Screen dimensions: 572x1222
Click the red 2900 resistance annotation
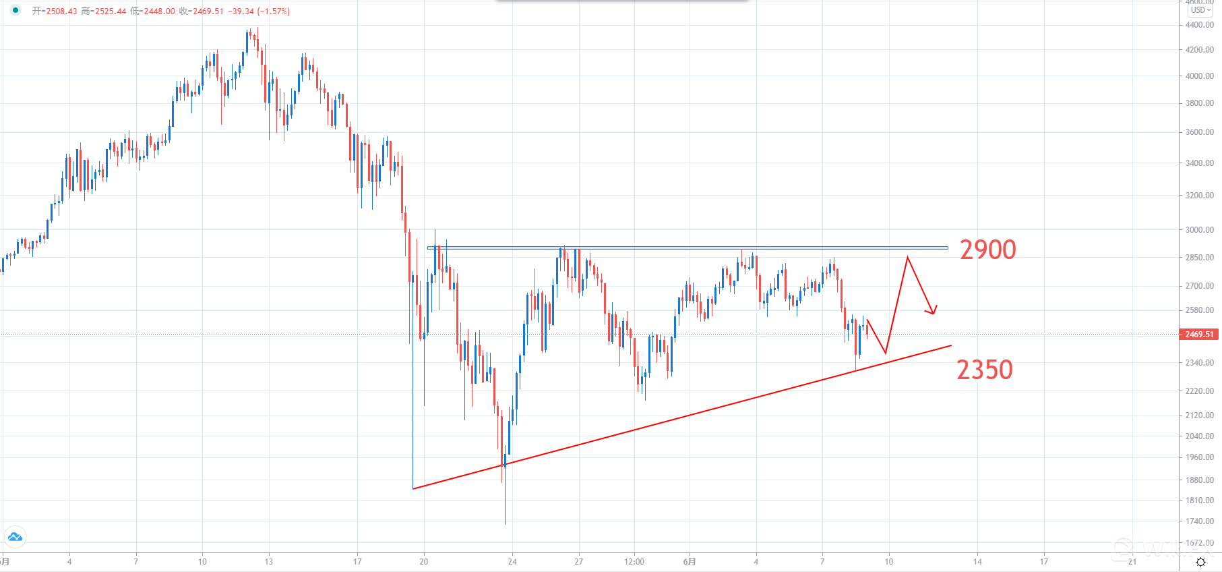[987, 250]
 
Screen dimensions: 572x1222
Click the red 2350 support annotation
[984, 370]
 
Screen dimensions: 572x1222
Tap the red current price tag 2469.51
[1198, 335]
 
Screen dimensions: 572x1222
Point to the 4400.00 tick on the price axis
[1199, 25]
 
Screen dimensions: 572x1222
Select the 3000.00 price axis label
[1199, 229]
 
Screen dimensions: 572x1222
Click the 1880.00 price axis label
[1199, 480]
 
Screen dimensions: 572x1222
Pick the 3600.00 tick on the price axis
[1199, 132]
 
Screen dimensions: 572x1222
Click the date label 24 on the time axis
[512, 561]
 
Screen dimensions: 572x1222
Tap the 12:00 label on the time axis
[634, 561]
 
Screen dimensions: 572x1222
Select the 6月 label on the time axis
[690, 561]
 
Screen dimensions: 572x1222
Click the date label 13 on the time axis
[269, 561]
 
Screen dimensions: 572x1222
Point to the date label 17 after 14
[1043, 561]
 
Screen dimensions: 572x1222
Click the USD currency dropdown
[1200, 10]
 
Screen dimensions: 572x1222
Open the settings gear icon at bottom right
[1200, 562]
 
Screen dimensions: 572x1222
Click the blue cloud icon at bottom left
[15, 537]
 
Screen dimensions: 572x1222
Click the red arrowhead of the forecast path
[934, 312]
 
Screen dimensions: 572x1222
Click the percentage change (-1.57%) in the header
[274, 11]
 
